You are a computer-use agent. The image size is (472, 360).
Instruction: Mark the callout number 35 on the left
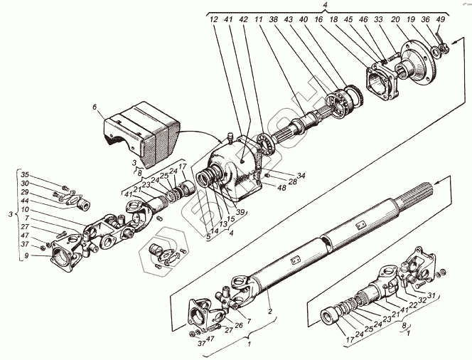point(24,174)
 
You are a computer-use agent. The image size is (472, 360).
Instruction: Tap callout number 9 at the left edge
point(25,256)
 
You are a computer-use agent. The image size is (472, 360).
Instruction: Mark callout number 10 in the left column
point(25,209)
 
